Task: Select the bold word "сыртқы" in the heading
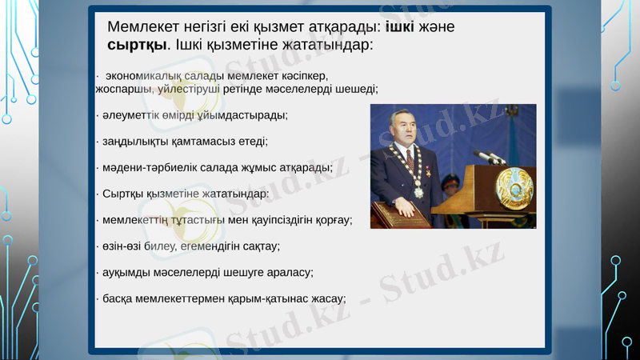(137, 45)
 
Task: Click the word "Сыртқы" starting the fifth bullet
(118, 194)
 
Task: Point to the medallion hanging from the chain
(417, 193)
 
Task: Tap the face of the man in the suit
(402, 128)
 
